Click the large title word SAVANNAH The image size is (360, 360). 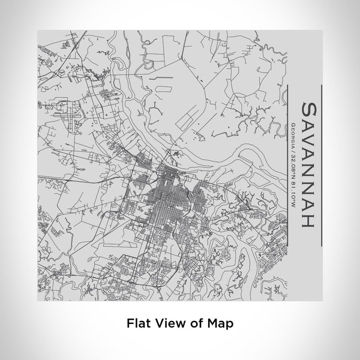click(x=305, y=163)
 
